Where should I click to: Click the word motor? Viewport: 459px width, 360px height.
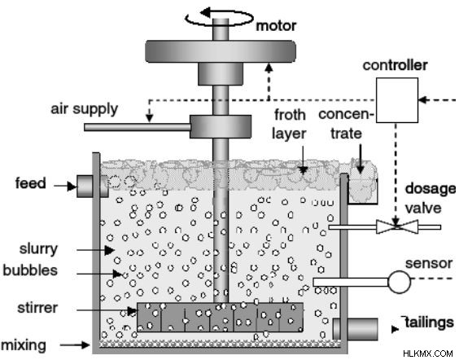coord(276,26)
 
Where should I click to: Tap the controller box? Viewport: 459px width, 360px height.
coord(396,100)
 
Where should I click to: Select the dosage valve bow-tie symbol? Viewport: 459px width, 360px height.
coord(397,226)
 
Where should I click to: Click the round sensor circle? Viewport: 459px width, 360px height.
coord(400,282)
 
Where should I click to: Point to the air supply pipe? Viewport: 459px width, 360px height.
coord(138,127)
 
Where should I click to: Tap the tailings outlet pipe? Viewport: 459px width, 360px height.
coord(356,329)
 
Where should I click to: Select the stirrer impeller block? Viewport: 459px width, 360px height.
coord(220,318)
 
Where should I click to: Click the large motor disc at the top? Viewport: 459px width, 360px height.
coord(221,51)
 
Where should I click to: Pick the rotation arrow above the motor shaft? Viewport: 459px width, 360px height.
coord(220,17)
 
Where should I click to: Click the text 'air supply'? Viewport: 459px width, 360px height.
coord(85,109)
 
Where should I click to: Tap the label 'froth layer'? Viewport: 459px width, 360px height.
coord(289,124)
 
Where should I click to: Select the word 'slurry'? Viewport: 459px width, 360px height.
coord(38,249)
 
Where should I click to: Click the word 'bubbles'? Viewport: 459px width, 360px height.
coord(30,270)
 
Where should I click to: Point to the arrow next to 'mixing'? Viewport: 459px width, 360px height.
coord(75,345)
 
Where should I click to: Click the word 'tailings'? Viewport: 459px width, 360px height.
coord(429,323)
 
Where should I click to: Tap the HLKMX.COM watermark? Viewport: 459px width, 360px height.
coord(428,353)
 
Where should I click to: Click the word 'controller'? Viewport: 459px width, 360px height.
coord(396,65)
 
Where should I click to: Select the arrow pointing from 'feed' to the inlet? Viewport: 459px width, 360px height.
coord(65,186)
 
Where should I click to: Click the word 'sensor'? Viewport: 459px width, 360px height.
coord(429,263)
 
